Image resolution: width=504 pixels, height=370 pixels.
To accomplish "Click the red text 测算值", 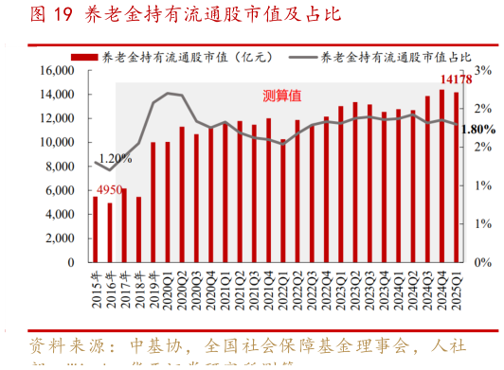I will pyautogui.click(x=282, y=96).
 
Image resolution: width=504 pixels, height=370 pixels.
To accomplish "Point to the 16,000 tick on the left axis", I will pyautogui.click(x=58, y=71).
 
